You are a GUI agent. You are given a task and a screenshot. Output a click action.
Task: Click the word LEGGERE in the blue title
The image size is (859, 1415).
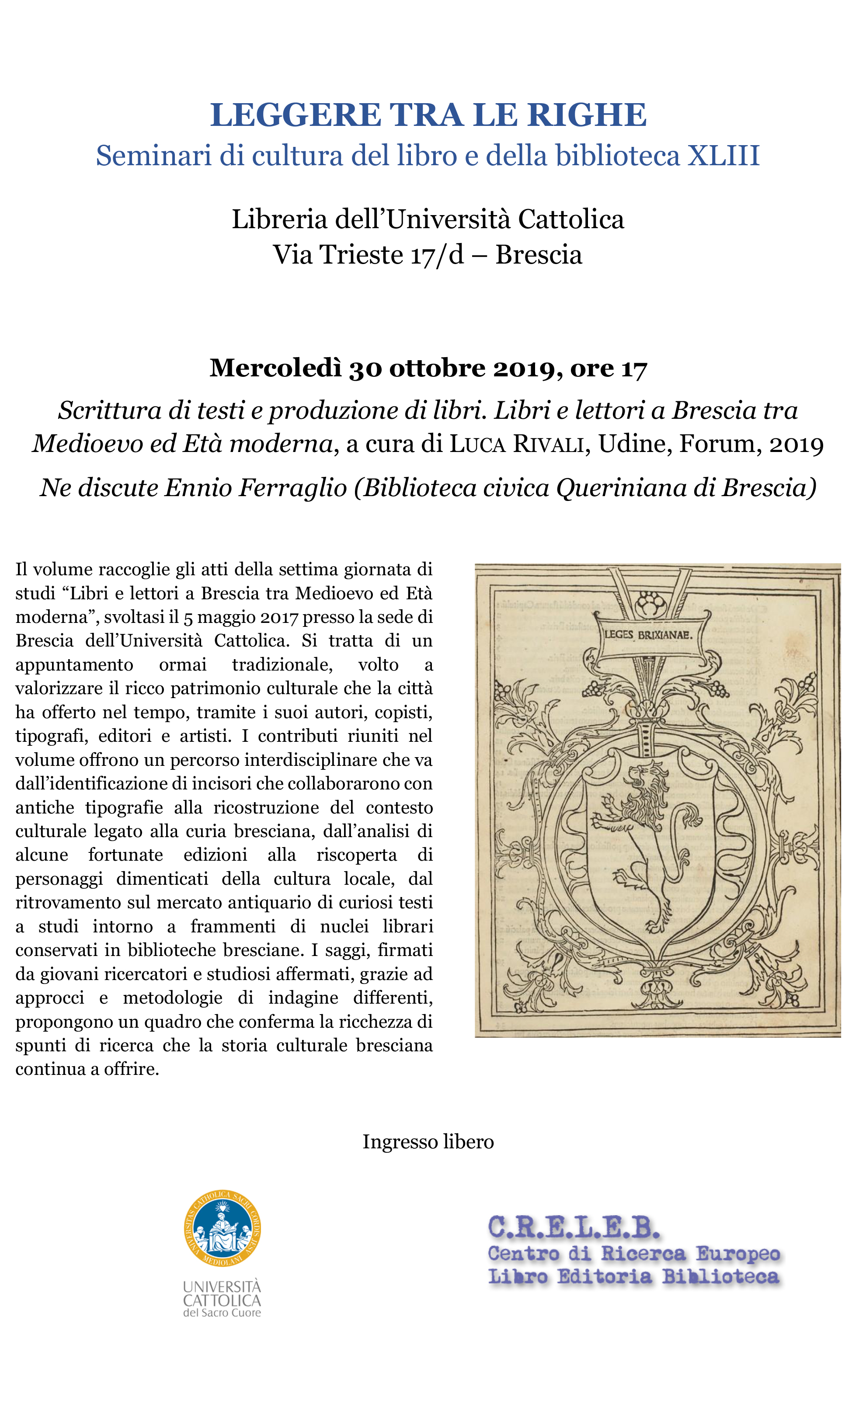(x=295, y=115)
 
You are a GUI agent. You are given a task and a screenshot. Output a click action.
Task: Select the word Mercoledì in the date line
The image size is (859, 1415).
(x=275, y=368)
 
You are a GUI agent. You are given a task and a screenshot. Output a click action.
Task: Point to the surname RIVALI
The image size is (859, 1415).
(x=548, y=444)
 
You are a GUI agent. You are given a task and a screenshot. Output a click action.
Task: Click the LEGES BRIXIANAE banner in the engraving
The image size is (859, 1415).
(x=648, y=635)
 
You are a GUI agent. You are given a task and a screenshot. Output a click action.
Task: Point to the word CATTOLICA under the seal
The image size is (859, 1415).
(x=222, y=1301)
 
